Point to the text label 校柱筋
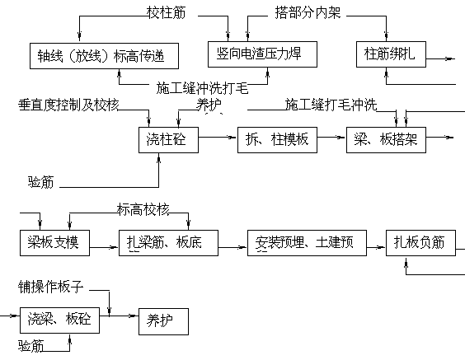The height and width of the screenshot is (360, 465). click(x=167, y=12)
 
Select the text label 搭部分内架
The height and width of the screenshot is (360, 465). click(x=308, y=12)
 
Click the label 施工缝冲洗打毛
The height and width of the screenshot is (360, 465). click(x=202, y=88)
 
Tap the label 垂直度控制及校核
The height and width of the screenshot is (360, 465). click(x=68, y=105)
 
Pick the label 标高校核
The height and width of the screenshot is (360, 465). click(x=143, y=209)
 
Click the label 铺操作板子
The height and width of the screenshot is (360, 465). click(x=51, y=287)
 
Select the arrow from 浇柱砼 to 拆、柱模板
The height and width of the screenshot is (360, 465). click(x=217, y=138)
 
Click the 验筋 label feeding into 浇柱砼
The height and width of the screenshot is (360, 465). click(x=41, y=182)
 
